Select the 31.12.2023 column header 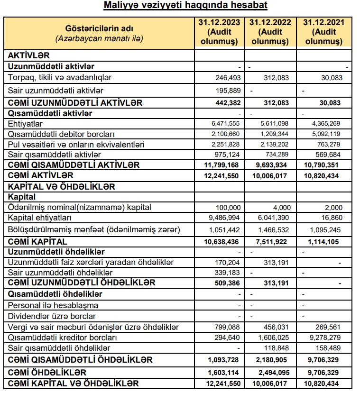click(220, 32)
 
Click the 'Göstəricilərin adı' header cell click(99, 32)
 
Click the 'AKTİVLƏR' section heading click(29, 55)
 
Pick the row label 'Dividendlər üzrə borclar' click(52, 316)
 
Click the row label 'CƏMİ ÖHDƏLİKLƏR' click(47, 373)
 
